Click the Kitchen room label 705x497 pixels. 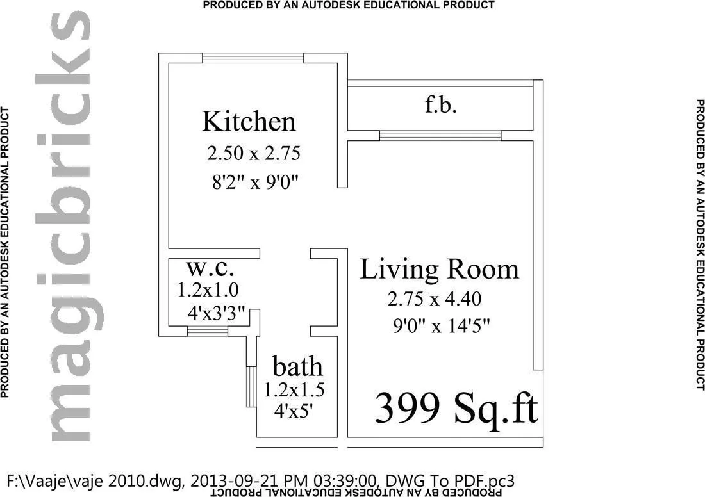click(x=249, y=121)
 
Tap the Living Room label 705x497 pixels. click(x=439, y=269)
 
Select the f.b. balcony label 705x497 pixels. click(x=441, y=104)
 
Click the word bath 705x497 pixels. click(x=297, y=367)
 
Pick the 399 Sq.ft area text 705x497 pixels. click(x=456, y=407)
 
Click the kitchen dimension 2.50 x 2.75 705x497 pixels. click(x=253, y=154)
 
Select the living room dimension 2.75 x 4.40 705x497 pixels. click(x=434, y=298)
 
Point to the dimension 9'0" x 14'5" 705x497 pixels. click(x=442, y=327)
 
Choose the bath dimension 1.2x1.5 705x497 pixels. click(x=295, y=389)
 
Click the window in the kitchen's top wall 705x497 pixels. click(x=253, y=58)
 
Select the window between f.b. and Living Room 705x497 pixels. click(x=440, y=135)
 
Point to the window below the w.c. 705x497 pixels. click(x=207, y=330)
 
